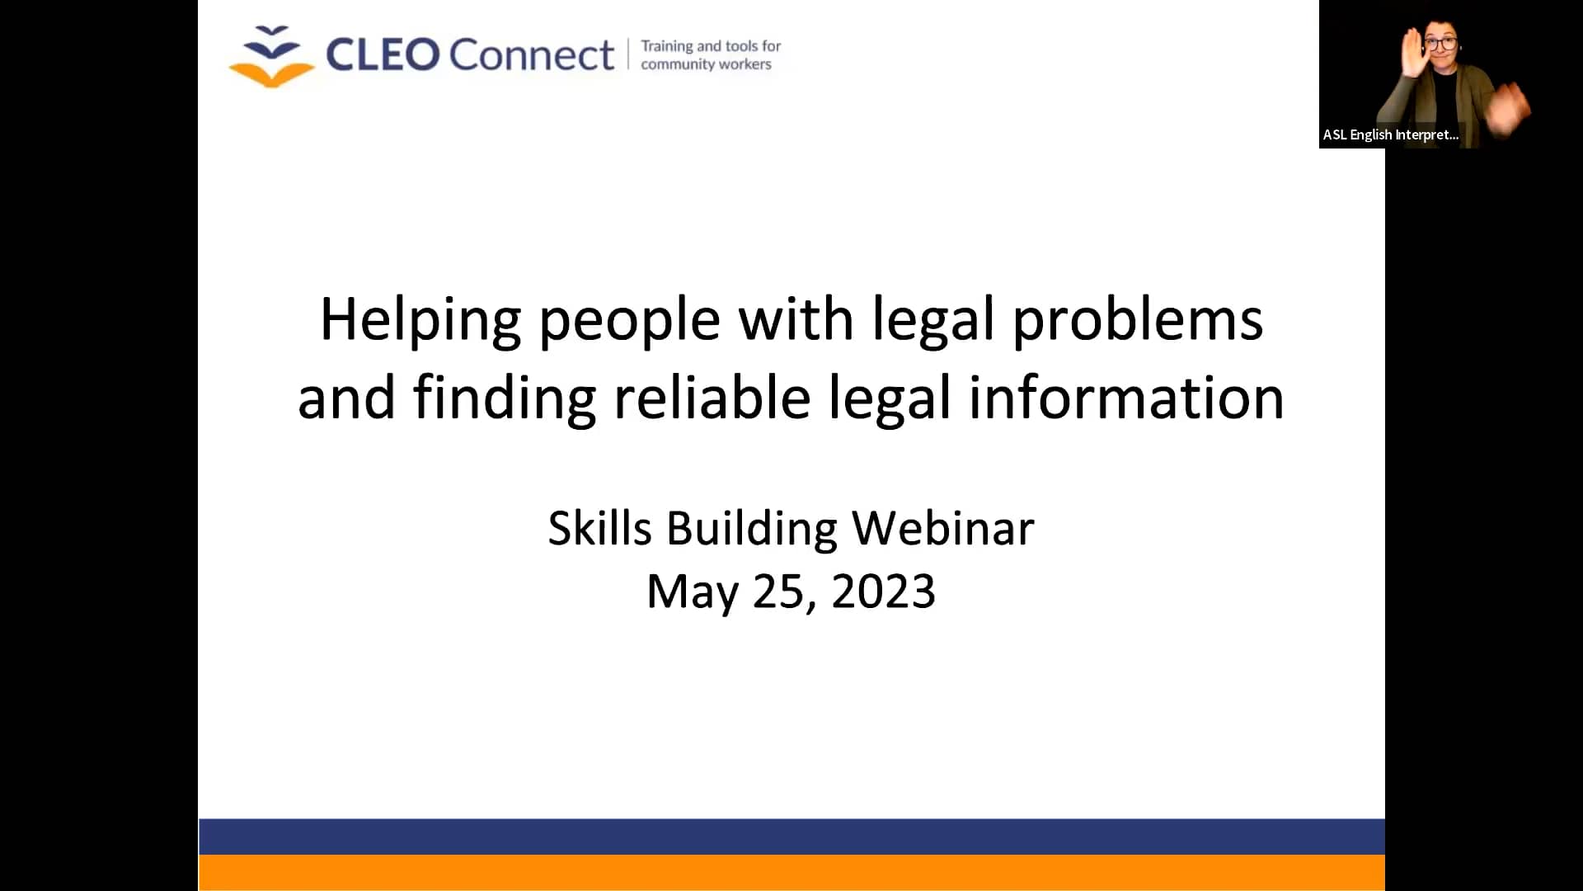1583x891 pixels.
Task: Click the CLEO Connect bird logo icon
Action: click(271, 56)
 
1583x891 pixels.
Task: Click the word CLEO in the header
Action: click(382, 55)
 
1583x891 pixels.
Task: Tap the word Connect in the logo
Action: click(532, 55)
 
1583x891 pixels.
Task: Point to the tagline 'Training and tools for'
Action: click(711, 46)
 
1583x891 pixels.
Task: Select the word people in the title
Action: click(630, 320)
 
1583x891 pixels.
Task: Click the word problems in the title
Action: click(1137, 320)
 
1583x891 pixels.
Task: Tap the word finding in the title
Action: click(504, 398)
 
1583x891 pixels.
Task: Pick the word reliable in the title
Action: click(712, 398)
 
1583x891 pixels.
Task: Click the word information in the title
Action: click(1125, 398)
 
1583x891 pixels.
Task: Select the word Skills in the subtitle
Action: click(599, 528)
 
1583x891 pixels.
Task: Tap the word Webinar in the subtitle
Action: click(942, 528)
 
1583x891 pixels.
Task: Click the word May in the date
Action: click(691, 592)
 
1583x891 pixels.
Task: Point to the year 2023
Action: click(883, 592)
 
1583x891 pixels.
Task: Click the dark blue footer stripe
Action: click(791, 836)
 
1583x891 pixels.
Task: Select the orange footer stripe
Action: click(791, 873)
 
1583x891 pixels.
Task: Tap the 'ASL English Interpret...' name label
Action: click(1390, 134)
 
